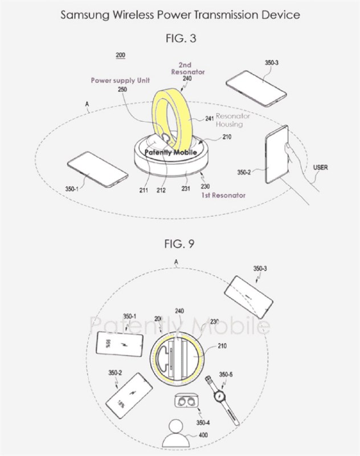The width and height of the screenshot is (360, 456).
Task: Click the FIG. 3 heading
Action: tap(180, 39)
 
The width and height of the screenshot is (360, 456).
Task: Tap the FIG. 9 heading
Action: tap(180, 245)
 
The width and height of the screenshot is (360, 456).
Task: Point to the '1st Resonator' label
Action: tap(224, 196)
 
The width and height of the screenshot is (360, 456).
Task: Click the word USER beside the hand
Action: tap(321, 168)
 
